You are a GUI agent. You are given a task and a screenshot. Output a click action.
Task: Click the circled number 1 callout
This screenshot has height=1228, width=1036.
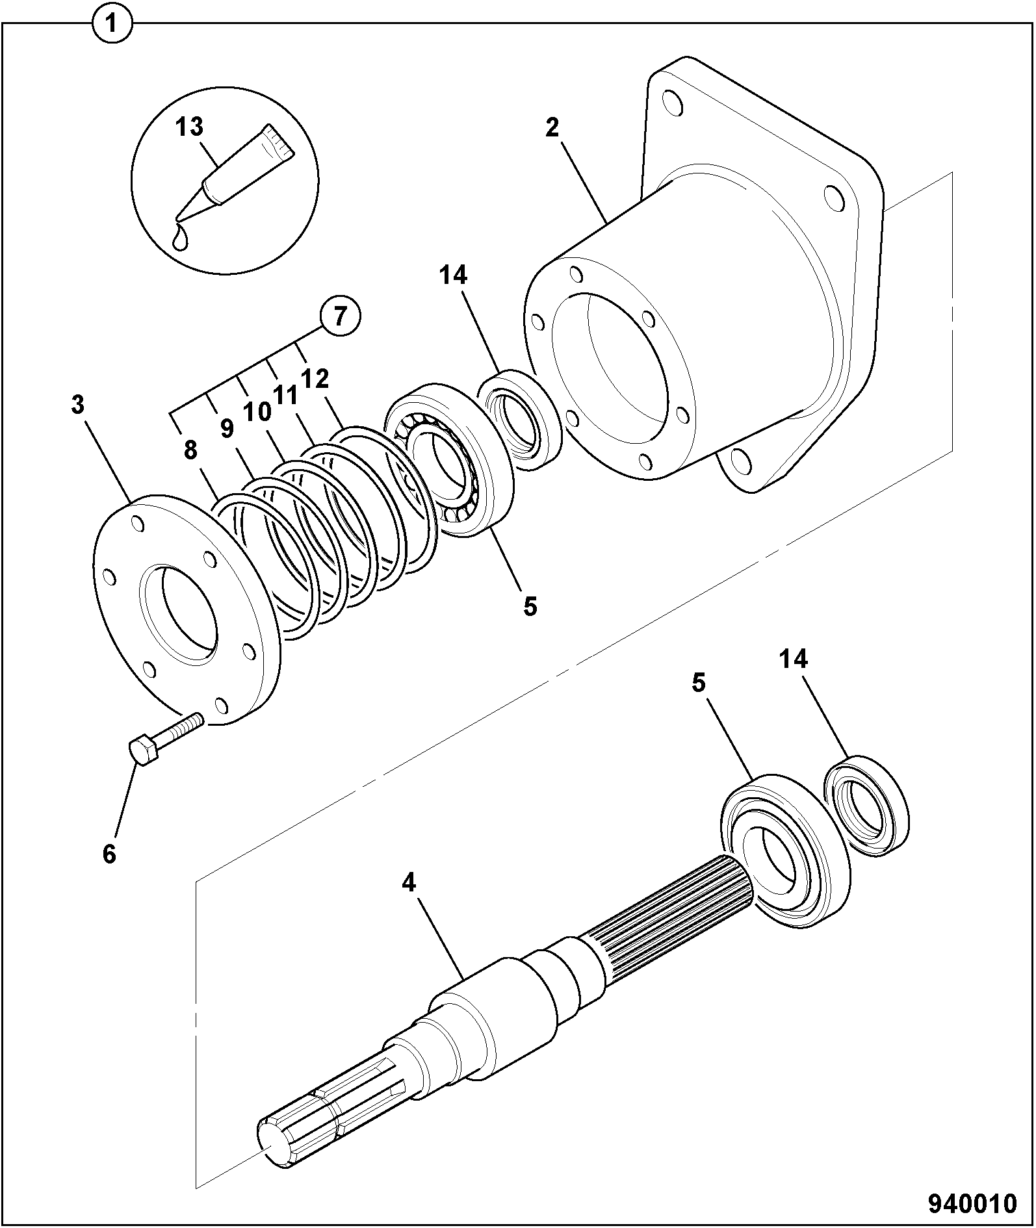112,25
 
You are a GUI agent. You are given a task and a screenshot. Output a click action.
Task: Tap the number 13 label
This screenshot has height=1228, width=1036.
189,127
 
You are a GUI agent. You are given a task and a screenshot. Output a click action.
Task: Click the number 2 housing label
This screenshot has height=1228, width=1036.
552,127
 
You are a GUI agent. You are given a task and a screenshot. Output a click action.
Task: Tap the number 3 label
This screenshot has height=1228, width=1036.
78,405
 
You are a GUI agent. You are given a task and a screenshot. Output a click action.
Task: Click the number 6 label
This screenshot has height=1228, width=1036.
109,853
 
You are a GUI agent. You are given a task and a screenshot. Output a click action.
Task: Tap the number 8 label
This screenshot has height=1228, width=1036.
190,450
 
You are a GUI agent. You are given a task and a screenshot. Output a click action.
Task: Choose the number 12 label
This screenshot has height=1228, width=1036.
314,378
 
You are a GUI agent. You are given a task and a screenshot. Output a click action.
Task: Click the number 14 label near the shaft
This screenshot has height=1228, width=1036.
794,659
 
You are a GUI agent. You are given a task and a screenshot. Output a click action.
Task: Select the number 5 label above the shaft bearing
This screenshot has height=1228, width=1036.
698,684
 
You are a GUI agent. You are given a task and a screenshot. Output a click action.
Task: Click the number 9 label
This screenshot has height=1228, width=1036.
226,428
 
